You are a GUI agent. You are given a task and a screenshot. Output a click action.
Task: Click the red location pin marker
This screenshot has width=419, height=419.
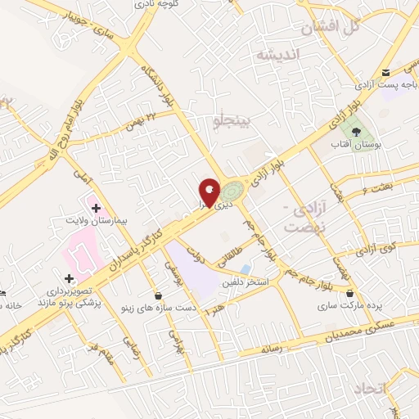coord(210,192)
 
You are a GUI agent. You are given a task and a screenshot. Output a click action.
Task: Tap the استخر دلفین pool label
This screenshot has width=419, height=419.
coord(242,282)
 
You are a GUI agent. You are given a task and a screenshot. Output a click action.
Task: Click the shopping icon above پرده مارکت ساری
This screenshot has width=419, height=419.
coord(350,293)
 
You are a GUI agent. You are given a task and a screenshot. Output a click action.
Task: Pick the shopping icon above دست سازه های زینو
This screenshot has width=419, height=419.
coord(158,295)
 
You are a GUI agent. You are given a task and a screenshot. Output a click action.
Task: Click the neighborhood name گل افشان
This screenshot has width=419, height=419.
coord(331,27)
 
